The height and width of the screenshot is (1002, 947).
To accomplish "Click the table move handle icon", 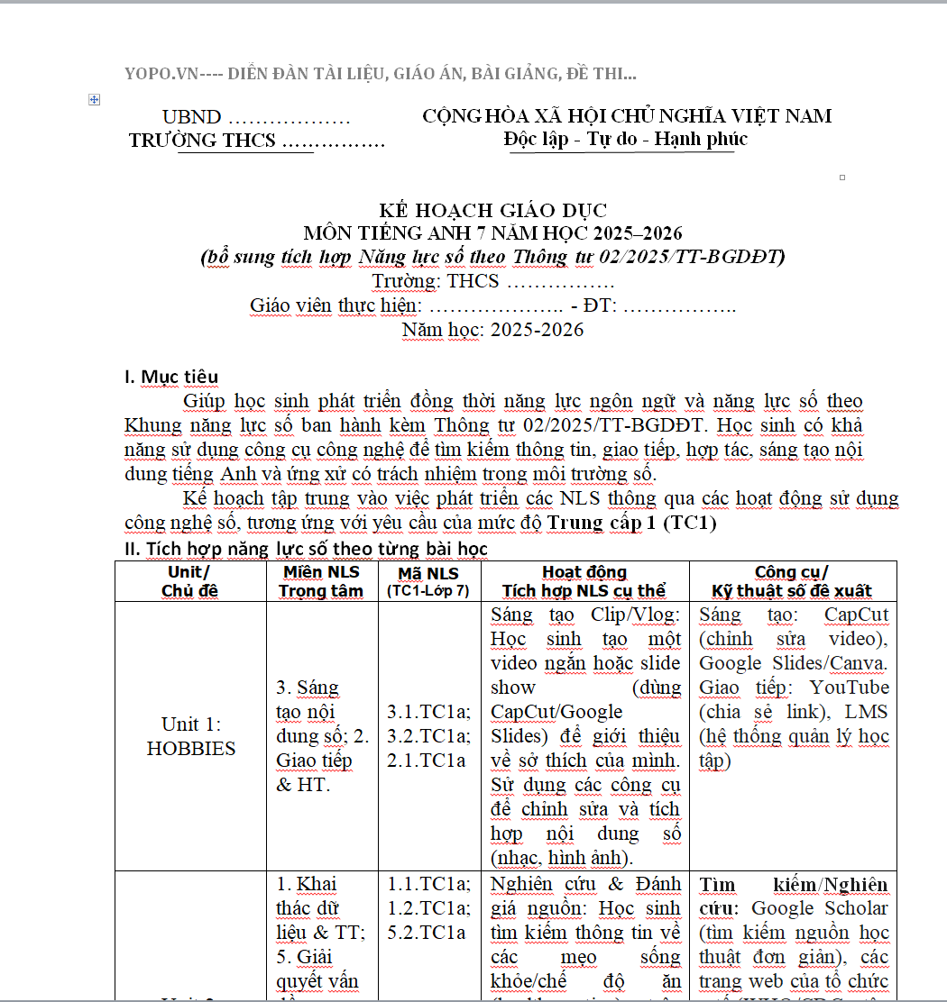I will (94, 100).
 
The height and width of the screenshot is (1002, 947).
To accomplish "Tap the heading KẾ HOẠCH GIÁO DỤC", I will (492, 211).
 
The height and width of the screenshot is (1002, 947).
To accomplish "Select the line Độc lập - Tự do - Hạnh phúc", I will (625, 139).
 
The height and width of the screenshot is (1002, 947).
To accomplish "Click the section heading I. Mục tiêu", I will (171, 376).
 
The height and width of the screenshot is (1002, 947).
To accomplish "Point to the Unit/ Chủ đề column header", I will (190, 581).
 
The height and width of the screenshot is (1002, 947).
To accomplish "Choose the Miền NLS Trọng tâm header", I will (321, 581).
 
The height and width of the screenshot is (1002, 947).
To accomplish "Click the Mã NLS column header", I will (428, 581).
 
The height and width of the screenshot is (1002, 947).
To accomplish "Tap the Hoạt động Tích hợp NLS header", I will (584, 581).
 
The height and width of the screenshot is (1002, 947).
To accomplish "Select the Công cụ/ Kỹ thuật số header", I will (792, 581).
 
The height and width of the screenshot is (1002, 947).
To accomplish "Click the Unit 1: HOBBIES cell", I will (191, 736).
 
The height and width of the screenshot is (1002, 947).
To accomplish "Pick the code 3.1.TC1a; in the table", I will (428, 712).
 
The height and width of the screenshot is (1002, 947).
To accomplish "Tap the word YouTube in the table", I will (849, 688).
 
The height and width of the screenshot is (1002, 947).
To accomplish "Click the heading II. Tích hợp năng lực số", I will (306, 548).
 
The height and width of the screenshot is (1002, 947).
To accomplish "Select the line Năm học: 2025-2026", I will (492, 329).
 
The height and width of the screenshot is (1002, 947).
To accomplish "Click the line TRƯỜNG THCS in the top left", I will (257, 141).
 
